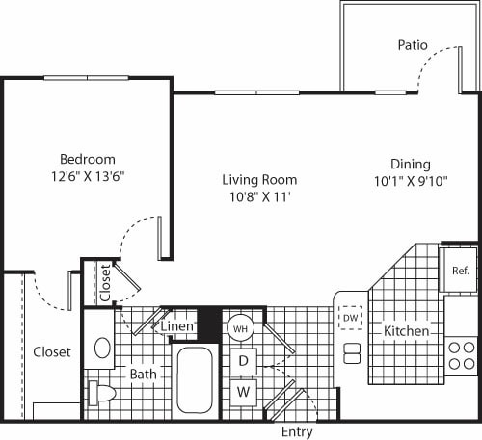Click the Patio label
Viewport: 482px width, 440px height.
[414, 45]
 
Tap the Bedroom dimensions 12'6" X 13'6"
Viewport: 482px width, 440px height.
[87, 176]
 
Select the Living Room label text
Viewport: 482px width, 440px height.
[259, 179]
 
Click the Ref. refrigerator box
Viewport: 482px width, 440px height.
[459, 271]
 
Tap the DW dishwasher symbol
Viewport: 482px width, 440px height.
[350, 317]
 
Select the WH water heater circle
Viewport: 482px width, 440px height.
[239, 328]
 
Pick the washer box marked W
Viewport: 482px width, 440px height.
[243, 393]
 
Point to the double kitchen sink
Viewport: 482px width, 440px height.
[352, 352]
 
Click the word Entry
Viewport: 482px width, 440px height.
[296, 431]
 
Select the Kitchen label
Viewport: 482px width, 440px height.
[406, 331]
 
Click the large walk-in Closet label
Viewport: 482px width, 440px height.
[51, 352]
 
